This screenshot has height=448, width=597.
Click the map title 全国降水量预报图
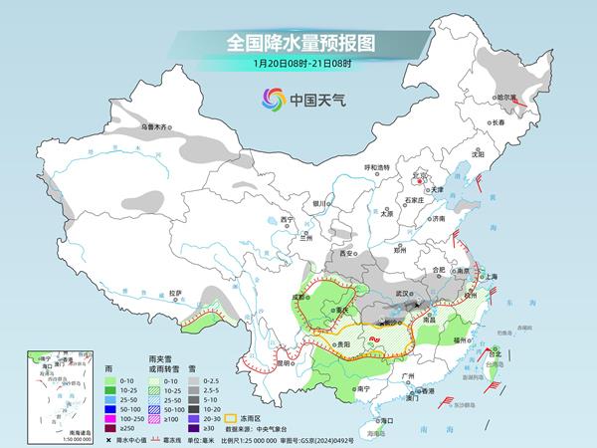point(298,43)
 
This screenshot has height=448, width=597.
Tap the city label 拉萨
point(176,293)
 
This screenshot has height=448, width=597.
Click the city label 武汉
point(402,294)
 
